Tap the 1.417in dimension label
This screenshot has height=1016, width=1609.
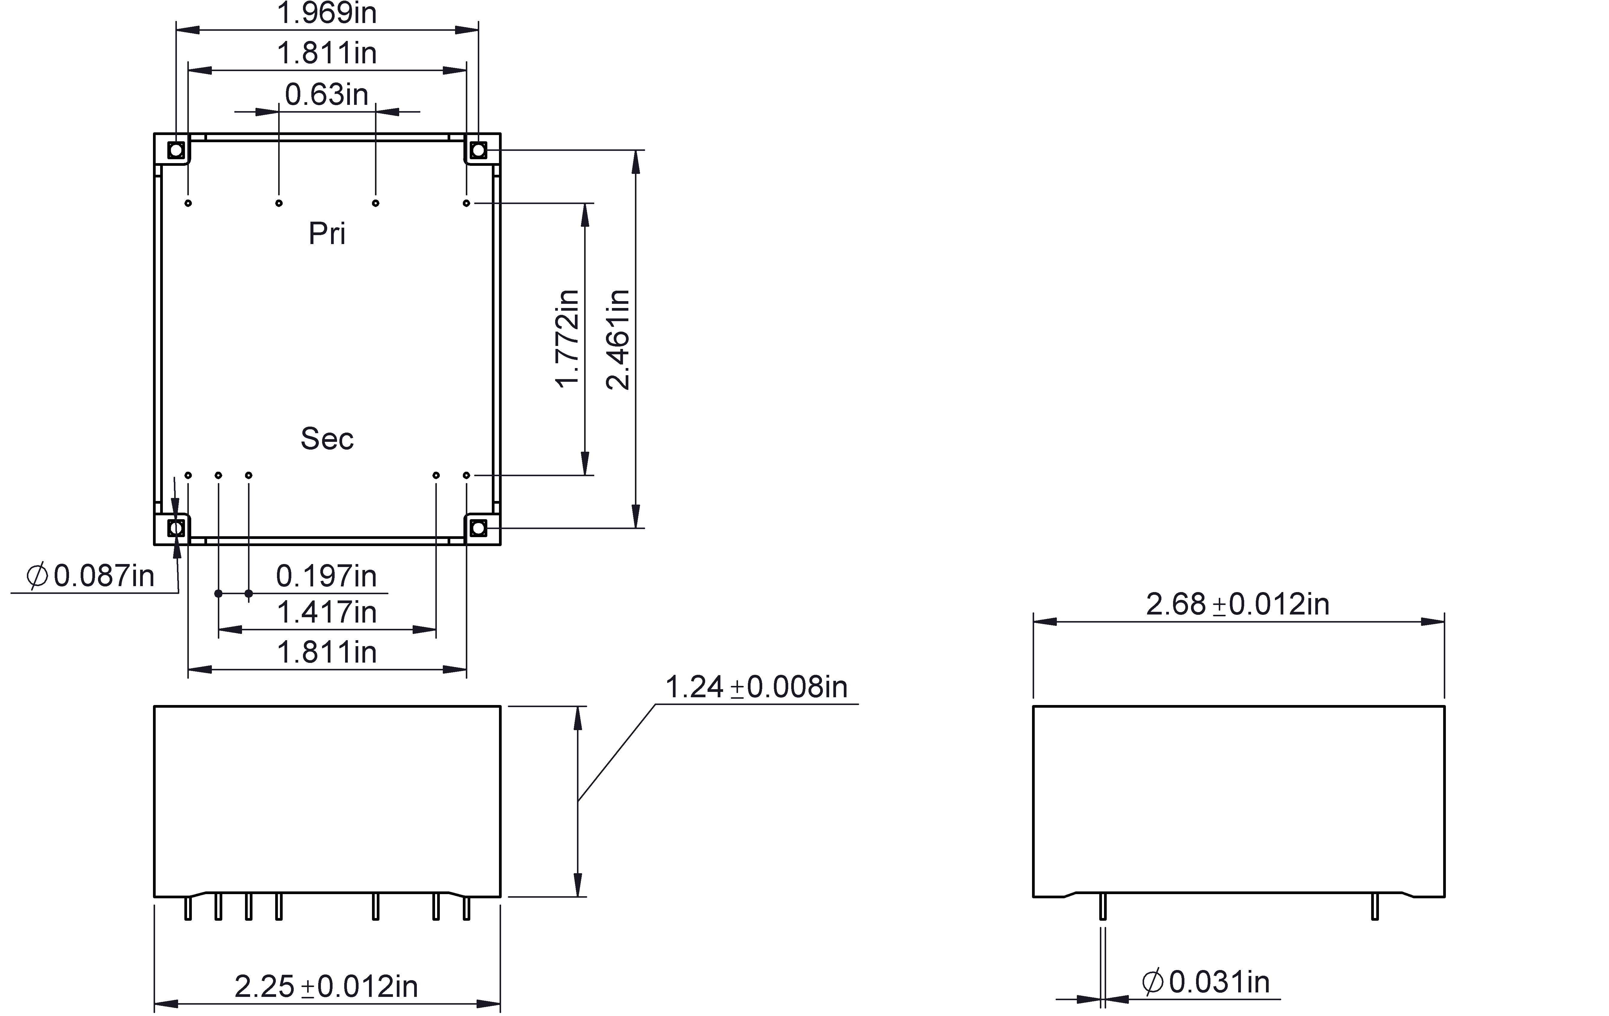[x=327, y=612]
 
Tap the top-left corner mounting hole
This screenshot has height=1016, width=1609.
[x=176, y=150]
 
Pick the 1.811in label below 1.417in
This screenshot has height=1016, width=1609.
[x=327, y=652]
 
